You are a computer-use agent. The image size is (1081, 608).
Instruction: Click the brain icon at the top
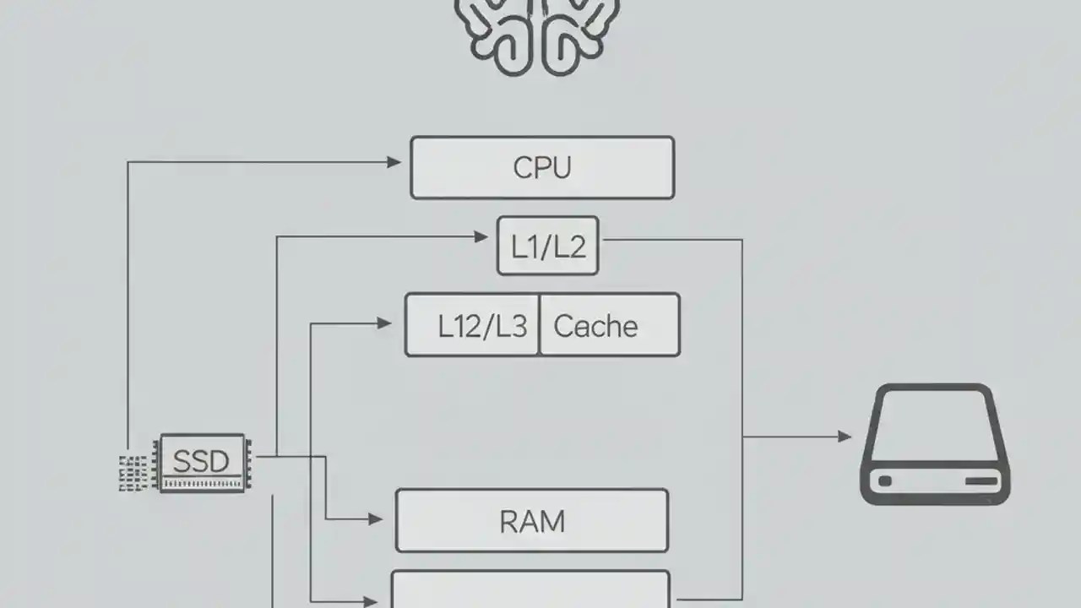pos(536,34)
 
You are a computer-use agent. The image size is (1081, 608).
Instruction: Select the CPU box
pos(541,168)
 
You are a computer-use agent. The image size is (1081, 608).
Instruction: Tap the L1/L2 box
pos(547,246)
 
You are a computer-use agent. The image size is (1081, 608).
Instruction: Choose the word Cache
pos(595,326)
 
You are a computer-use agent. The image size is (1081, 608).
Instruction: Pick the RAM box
pos(531,521)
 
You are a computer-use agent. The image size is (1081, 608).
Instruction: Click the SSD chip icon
pos(202,463)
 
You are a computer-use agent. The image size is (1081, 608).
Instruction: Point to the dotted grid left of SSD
pos(133,473)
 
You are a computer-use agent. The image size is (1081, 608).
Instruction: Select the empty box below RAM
pos(530,591)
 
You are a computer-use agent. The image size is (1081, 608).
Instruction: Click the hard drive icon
pos(934,444)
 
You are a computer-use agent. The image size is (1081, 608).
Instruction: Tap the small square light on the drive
pos(884,481)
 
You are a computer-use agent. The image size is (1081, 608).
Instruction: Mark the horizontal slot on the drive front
pos(981,481)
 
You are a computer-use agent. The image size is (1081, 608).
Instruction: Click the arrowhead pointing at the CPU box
pos(394,162)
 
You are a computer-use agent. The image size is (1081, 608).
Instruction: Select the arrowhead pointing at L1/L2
pos(482,238)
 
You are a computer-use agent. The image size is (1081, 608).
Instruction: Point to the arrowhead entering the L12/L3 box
pos(384,323)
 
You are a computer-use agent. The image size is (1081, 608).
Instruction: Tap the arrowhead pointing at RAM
pos(376,519)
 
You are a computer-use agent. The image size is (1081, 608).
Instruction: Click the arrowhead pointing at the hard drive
pos(844,437)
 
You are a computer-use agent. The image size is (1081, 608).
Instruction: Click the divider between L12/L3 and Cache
pos(538,325)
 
